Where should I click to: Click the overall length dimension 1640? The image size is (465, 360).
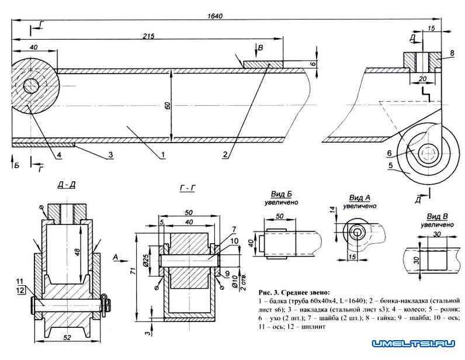(x=216, y=16)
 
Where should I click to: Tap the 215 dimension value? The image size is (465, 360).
(x=148, y=37)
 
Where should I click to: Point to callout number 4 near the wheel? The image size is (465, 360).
(x=59, y=155)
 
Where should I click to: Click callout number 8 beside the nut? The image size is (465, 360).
(x=452, y=54)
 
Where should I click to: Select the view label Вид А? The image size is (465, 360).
(x=355, y=199)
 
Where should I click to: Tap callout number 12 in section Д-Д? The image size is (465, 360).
(x=20, y=291)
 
